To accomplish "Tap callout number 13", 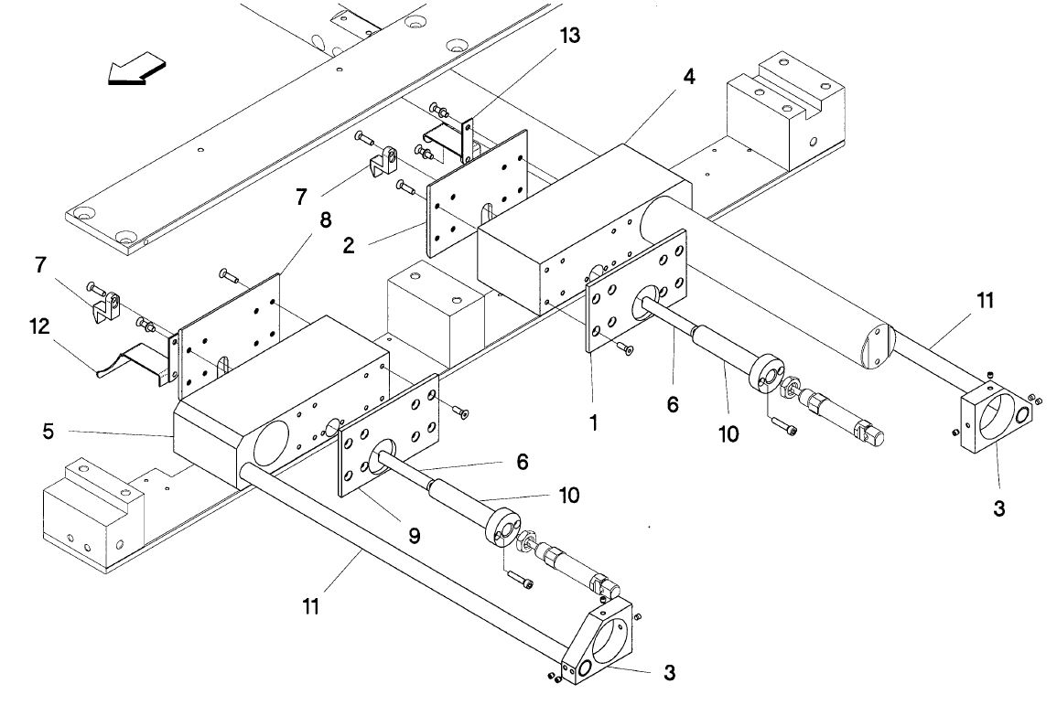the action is pos(569,35).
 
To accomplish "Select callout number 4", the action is pos(688,77).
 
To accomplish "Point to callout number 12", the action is pos(39,326).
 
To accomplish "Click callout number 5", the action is pos(48,431).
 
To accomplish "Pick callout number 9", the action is pos(414,535).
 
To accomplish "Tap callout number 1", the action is pos(593,422).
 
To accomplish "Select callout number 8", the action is pos(326,219).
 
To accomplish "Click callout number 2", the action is pos(348,245).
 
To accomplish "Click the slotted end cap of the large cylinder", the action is pos(877,347).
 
